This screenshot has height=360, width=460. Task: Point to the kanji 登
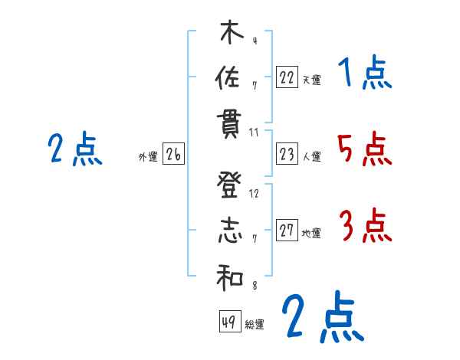click(230, 185)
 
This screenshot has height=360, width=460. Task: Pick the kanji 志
click(230, 231)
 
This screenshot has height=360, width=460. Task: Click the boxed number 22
click(287, 77)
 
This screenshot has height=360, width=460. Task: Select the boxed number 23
click(287, 155)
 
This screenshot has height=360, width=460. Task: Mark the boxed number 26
click(173, 155)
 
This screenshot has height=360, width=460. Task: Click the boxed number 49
click(228, 322)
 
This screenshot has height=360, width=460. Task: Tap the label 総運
click(254, 325)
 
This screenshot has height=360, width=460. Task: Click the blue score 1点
click(364, 74)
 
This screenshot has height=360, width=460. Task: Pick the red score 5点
click(364, 149)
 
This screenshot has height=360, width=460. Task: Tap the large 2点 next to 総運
click(322, 317)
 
